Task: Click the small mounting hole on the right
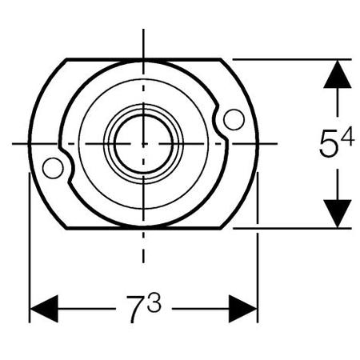point(234,119)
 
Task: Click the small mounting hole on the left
point(53,168)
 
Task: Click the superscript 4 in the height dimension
point(347,136)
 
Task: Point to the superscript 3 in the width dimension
point(154,302)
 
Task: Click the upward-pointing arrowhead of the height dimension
point(338,74)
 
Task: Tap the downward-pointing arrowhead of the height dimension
point(338,214)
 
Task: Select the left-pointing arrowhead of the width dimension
point(44,309)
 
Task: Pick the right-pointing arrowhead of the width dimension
point(242,309)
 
